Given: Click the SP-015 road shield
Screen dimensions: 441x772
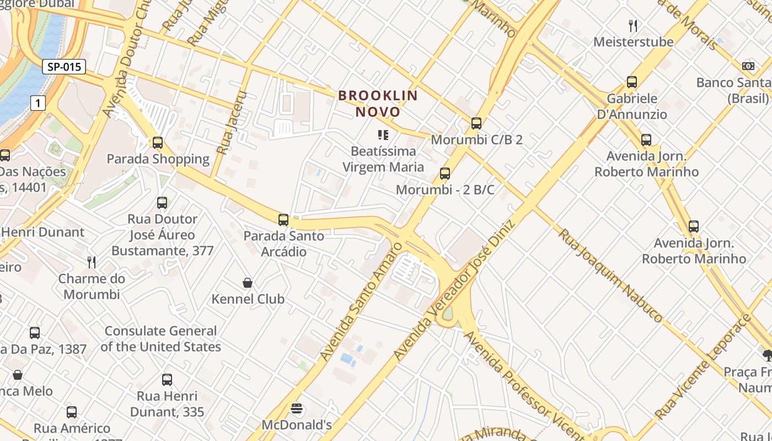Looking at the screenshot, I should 64,67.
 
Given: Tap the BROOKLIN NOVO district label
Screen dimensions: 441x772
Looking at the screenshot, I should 378,104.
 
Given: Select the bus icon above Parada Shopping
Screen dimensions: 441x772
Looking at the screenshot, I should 158,143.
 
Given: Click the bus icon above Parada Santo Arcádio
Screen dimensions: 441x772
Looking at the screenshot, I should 283,220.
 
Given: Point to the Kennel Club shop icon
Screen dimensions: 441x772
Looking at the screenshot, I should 248,283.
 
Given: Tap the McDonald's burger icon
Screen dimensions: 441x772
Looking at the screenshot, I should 297,409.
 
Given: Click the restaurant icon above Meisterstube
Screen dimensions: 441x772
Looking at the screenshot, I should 633,25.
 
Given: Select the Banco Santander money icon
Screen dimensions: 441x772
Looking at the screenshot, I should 748,66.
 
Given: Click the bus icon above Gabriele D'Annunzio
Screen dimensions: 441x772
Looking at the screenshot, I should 632,82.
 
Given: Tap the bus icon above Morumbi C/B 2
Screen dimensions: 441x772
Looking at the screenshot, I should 476,123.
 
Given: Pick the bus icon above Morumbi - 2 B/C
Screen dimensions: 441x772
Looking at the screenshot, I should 445,174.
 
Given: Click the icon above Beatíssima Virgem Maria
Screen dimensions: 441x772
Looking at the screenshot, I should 383,135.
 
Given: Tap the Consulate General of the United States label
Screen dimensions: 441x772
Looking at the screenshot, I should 160,338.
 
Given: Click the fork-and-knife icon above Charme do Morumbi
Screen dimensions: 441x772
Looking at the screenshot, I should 92,262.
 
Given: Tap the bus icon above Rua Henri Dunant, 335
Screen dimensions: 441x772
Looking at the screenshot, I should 167,380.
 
